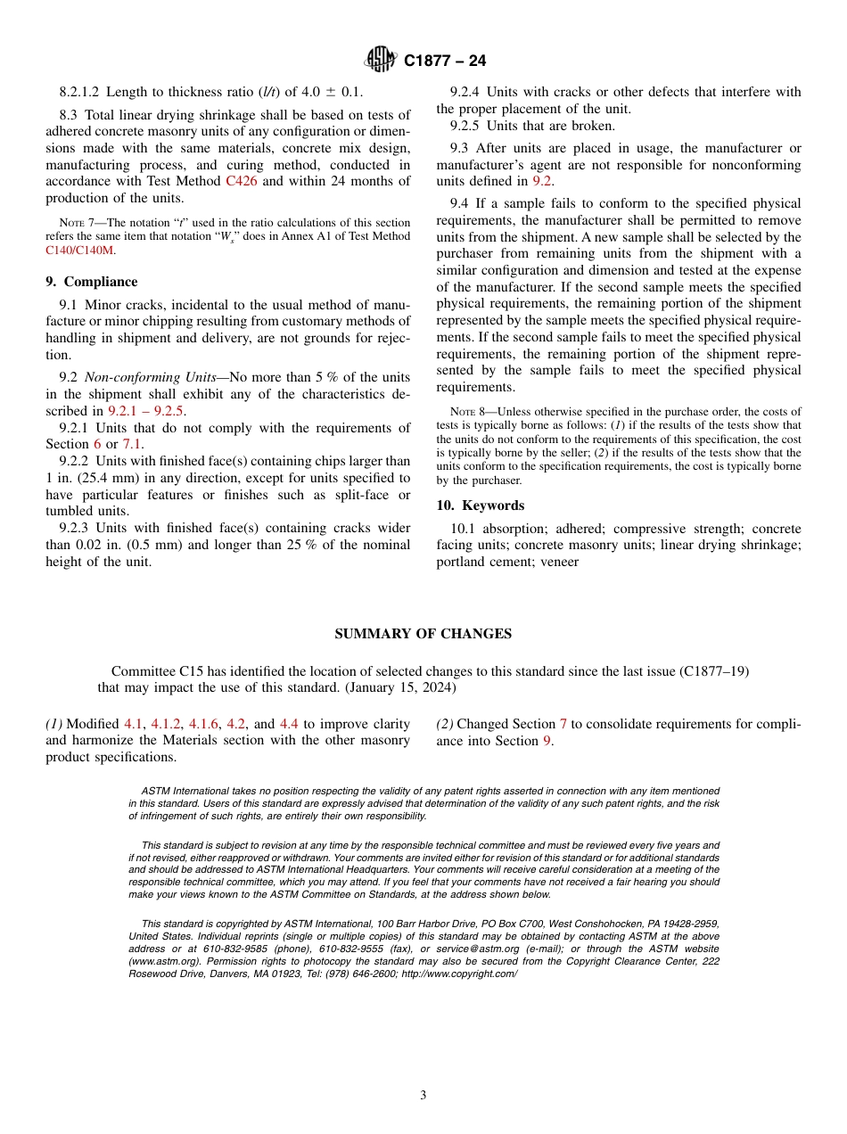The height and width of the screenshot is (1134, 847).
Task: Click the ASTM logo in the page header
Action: [382, 61]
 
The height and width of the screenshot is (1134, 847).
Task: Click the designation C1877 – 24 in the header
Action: [445, 62]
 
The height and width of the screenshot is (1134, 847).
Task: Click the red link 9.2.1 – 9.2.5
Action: [146, 411]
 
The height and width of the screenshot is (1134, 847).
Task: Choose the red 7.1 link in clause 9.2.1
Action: [132, 444]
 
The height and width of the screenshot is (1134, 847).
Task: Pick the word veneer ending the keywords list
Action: [559, 562]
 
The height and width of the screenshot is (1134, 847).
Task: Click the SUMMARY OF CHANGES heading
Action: [423, 634]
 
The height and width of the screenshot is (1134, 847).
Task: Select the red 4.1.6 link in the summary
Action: [204, 724]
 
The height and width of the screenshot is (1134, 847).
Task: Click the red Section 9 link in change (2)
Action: [547, 741]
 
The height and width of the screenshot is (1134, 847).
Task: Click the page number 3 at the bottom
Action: [423, 1096]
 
